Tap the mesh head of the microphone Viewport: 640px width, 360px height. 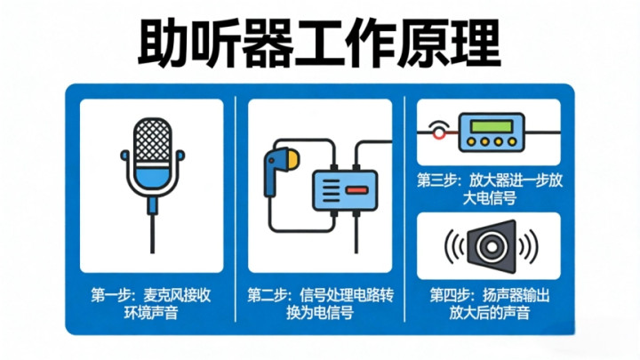tap(153, 140)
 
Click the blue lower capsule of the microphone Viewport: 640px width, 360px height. tap(153, 179)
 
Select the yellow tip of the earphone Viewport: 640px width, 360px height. tap(292, 160)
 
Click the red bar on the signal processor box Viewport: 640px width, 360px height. tap(357, 190)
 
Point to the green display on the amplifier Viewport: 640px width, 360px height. tap(492, 126)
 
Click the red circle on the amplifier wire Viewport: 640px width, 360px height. tap(439, 133)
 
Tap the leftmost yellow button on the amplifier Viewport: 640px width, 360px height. tap(471, 142)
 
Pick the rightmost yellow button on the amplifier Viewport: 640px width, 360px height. tap(512, 142)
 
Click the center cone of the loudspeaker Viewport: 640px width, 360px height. tap(492, 246)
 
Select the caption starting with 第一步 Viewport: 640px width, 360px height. tap(151, 304)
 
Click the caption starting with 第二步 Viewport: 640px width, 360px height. tap(320, 304)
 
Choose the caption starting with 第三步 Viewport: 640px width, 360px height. tap(490, 189)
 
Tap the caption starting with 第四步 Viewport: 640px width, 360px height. tap(490, 304)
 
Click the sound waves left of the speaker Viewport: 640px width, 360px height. tap(454, 246)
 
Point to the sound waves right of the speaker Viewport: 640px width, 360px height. tap(529, 246)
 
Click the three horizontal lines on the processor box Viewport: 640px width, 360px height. tap(331, 190)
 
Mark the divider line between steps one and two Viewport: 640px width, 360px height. tap(236, 209)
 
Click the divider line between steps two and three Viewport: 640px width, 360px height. tap(404, 209)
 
